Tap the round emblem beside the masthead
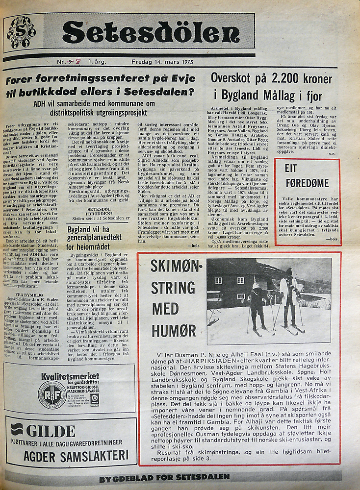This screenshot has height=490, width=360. pyautogui.click(x=21, y=32)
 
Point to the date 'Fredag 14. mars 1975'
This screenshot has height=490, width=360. pyautogui.click(x=163, y=62)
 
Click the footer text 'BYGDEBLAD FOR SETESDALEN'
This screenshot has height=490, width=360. pyautogui.click(x=164, y=478)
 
